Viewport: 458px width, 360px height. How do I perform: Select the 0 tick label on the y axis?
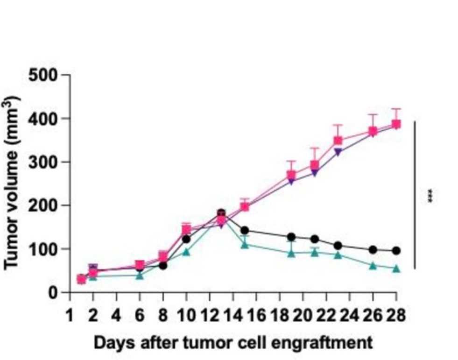(x=55, y=293)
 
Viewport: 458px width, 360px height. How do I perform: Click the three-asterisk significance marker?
(x=430, y=196)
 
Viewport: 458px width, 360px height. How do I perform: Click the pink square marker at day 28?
(x=396, y=124)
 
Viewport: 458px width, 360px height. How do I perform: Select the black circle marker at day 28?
(x=396, y=251)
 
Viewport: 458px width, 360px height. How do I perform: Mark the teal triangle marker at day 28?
(x=396, y=268)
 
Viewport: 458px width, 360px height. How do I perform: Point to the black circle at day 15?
(x=244, y=230)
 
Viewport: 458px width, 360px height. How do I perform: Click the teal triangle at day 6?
(x=140, y=275)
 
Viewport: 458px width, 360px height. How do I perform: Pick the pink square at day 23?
(x=338, y=141)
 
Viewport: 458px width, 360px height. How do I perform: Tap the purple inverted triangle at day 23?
(x=338, y=152)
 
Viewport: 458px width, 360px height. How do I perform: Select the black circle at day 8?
(x=163, y=266)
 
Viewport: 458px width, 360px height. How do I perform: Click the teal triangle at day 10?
(x=186, y=252)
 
